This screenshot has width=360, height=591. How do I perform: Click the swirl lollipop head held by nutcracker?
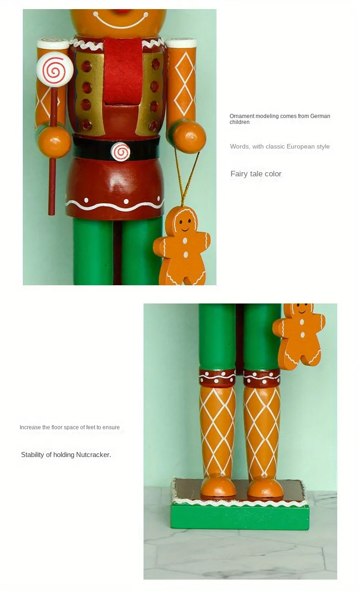[x=55, y=69]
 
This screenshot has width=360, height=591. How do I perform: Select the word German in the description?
[x=320, y=116]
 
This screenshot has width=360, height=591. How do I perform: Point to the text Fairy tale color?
[x=256, y=174]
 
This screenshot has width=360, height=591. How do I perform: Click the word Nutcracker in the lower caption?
[x=93, y=455]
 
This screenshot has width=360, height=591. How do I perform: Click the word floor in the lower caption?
[x=57, y=427]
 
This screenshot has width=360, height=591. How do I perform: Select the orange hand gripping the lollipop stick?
[x=54, y=142]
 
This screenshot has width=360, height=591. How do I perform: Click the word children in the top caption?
[x=239, y=122]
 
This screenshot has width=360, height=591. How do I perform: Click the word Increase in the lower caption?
[x=30, y=427]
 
